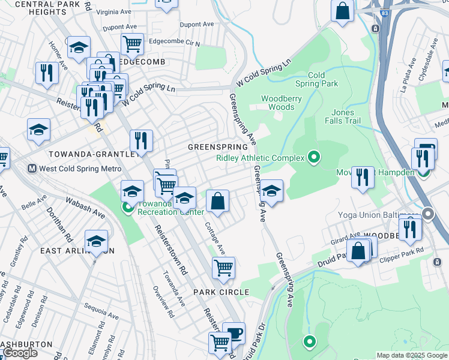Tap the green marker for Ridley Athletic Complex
pos(313,158)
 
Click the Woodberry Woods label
pos(277,103)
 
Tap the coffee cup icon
pos(234,332)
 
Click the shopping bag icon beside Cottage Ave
pos(218,201)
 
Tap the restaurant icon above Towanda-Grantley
pos(141,140)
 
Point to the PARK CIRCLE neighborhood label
pos(220,292)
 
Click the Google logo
pos(20,353)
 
